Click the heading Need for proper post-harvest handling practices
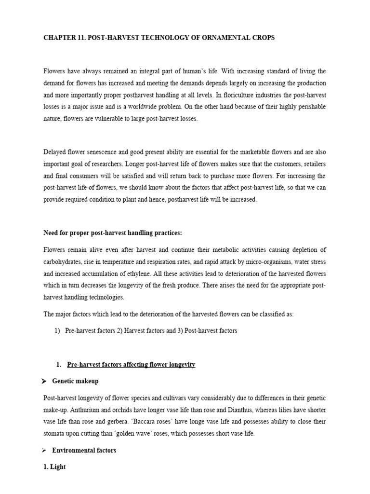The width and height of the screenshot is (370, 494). click(x=113, y=233)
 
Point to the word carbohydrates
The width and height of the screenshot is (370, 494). click(x=63, y=262)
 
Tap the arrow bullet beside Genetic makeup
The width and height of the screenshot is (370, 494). click(x=44, y=381)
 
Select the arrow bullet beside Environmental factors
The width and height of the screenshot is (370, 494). click(x=44, y=451)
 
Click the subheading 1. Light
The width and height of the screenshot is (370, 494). click(x=54, y=467)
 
